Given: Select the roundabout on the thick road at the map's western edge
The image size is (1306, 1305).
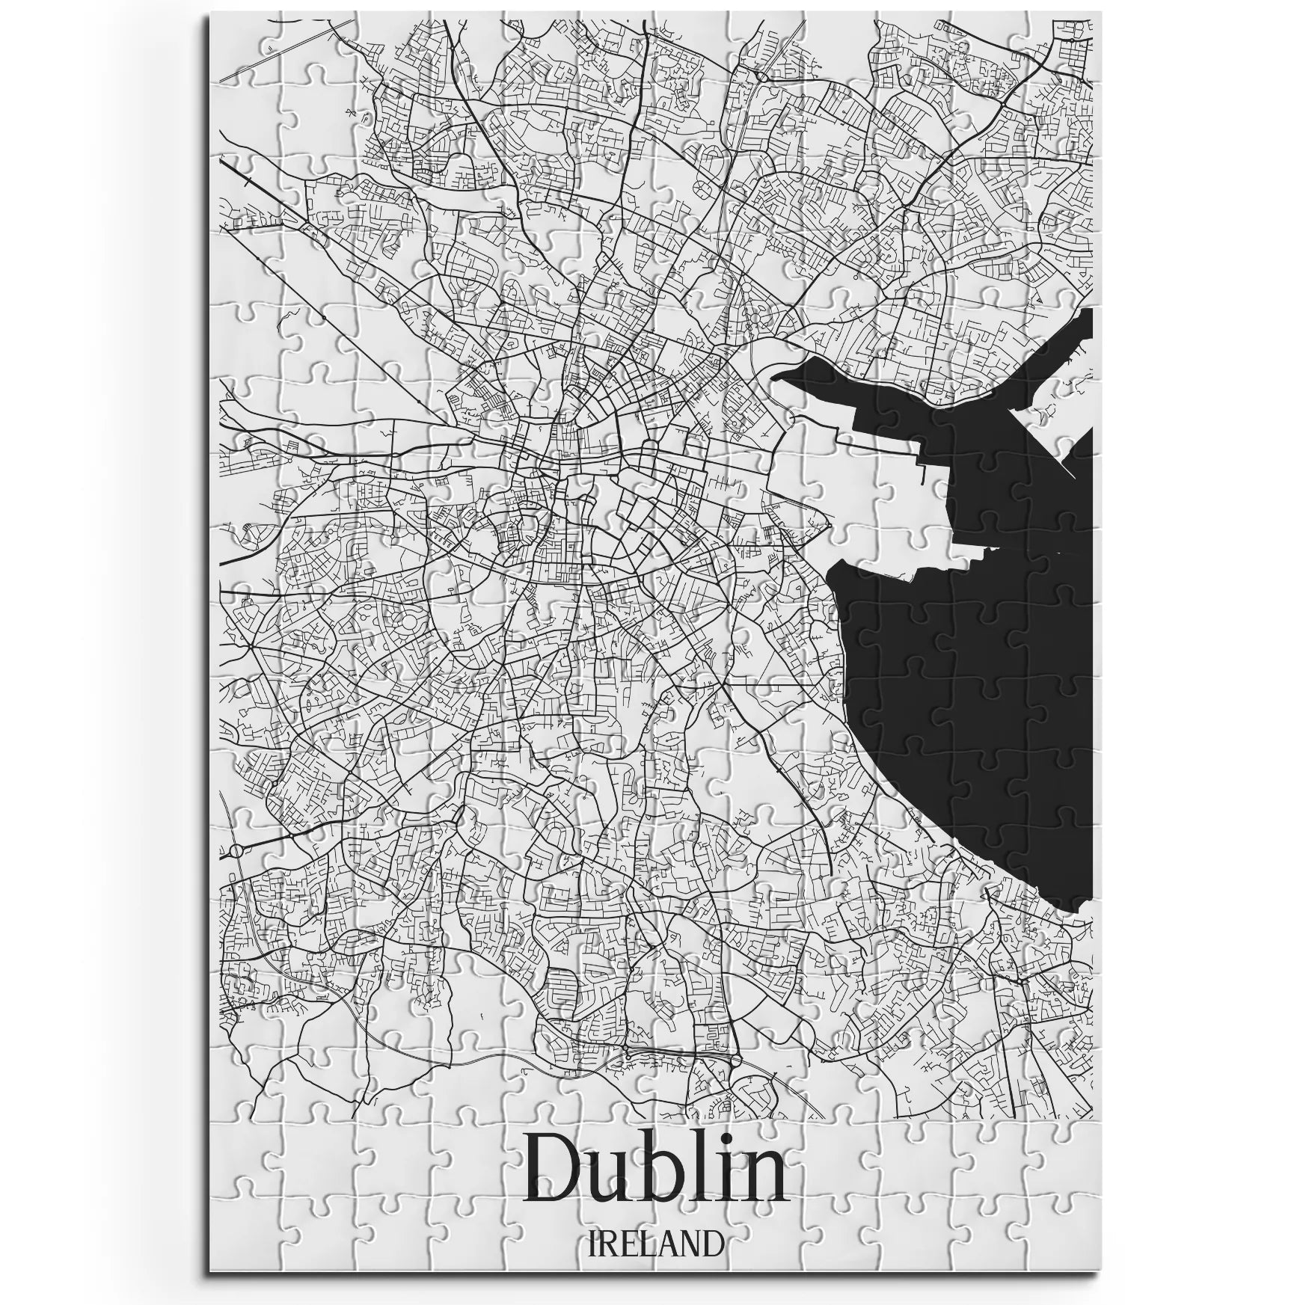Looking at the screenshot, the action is pos(236,851).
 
